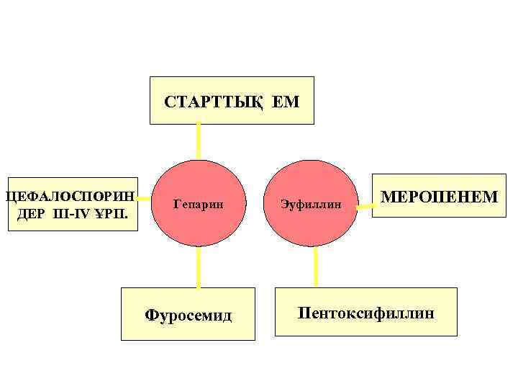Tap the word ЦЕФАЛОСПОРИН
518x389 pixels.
70,196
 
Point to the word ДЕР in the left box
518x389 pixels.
30,214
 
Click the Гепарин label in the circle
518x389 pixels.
199,205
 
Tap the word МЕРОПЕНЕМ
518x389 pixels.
438,196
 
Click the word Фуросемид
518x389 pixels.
188,314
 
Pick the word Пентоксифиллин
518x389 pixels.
366,313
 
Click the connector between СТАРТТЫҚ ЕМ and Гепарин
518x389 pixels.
198,140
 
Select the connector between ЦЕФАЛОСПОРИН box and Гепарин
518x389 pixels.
146,197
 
